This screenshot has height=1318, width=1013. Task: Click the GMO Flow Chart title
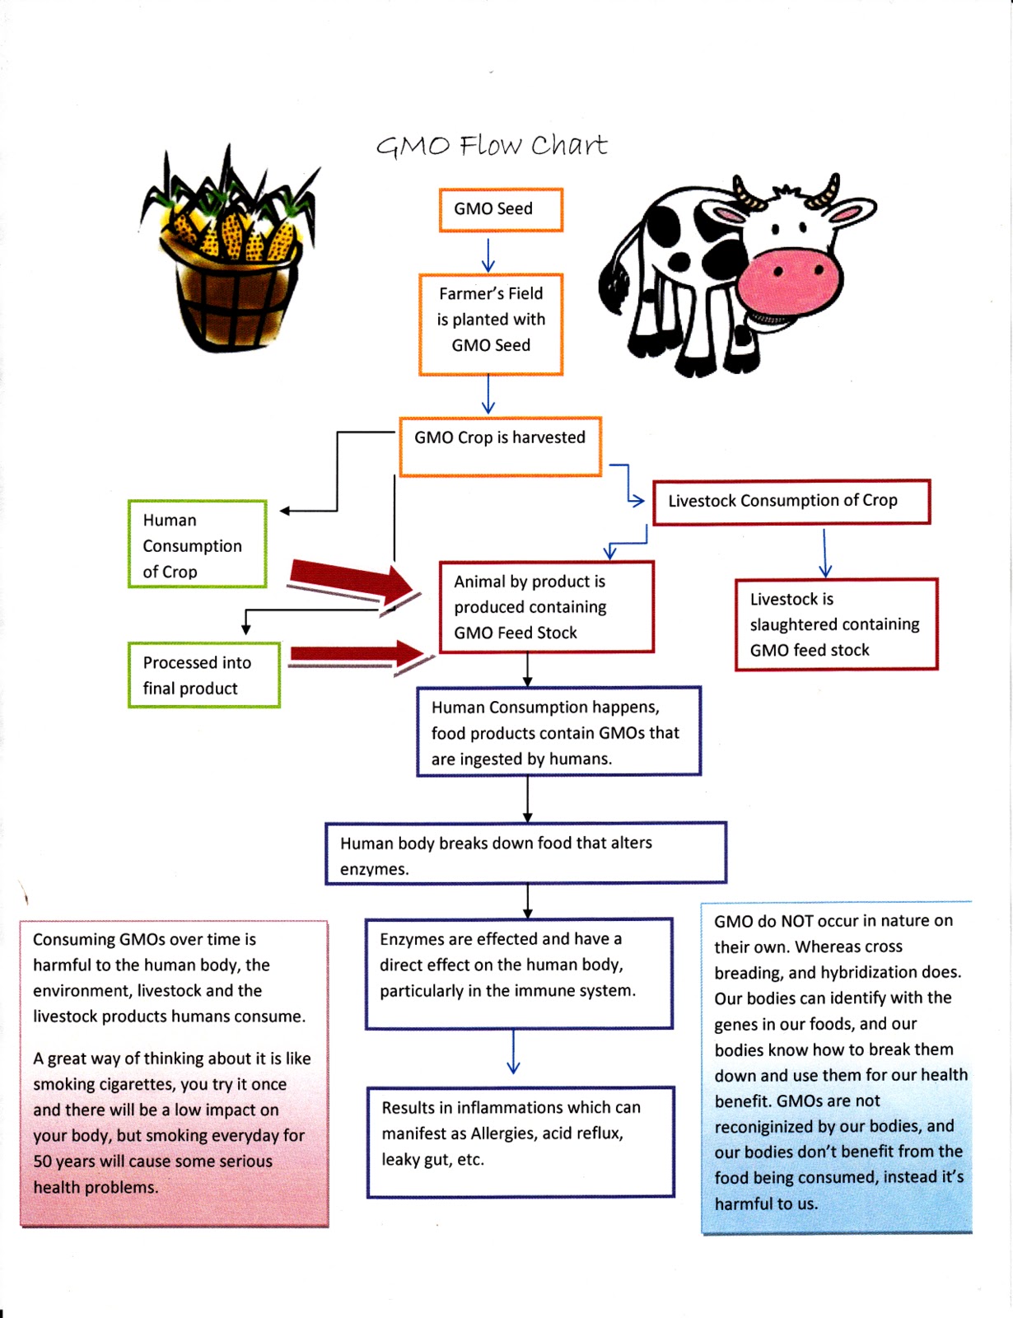coord(492,146)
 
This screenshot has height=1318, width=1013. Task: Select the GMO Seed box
coord(501,209)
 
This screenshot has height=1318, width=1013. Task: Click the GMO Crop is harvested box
coord(500,446)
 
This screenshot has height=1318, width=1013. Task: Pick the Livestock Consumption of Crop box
coord(791,502)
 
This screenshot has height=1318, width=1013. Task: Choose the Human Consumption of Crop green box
coord(197,544)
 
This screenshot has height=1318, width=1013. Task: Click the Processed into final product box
coord(203,675)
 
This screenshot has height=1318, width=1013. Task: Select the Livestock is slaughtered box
coord(836,624)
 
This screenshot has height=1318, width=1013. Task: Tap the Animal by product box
coord(546,607)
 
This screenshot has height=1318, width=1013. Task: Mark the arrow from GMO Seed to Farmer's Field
coord(488,255)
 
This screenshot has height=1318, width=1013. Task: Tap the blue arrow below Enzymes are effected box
coord(513,1052)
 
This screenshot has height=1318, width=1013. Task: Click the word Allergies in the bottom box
coord(503,1133)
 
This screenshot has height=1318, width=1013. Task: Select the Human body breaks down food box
coord(525,853)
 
